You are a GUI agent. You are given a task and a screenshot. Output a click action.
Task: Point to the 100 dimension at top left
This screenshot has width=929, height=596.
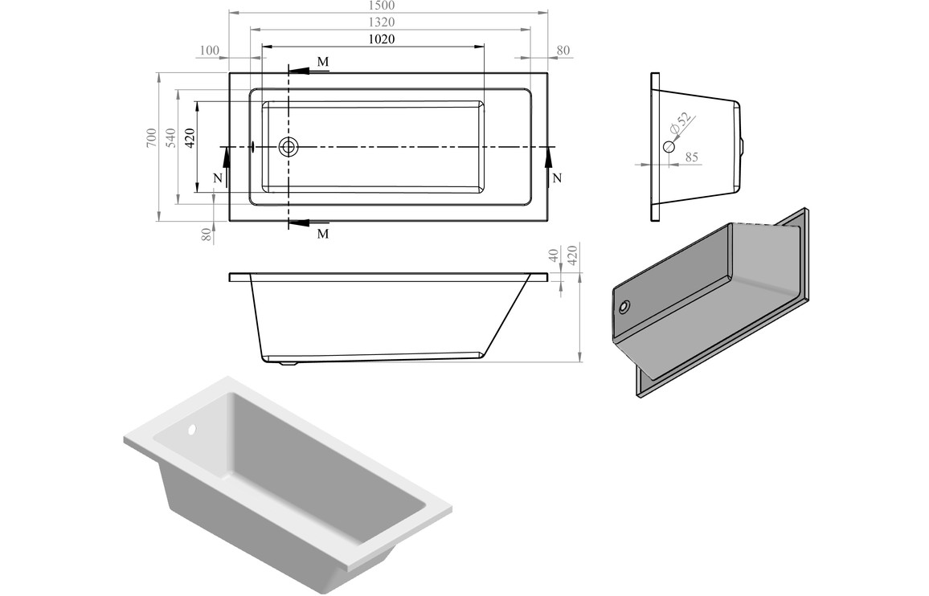coord(208,51)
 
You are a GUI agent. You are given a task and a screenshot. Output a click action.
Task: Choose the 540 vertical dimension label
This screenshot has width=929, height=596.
coord(170,139)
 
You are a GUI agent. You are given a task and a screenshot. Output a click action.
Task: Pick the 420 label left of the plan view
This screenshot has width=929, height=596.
coord(190,139)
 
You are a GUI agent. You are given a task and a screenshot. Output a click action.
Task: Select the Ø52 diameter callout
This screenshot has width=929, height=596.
coord(679,124)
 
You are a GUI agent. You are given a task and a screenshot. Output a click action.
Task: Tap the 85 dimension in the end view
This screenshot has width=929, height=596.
coord(691,157)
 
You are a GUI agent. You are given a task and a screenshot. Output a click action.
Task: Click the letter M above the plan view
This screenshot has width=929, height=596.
coord(322,62)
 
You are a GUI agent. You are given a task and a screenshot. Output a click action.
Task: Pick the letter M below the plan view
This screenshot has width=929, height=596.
coord(322,234)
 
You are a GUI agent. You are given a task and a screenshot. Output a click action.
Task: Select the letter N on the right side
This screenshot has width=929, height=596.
coord(557,178)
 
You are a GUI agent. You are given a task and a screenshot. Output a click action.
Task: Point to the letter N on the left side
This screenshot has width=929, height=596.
coord(218,178)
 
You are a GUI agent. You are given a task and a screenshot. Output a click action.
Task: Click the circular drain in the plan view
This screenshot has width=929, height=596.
coord(289,147)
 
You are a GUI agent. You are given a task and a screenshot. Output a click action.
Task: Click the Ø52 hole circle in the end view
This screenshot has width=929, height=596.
coord(669,147)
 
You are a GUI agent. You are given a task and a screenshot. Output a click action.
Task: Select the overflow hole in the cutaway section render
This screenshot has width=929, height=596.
coord(624,307)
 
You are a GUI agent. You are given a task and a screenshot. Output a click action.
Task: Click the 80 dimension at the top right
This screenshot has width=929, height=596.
coord(563,51)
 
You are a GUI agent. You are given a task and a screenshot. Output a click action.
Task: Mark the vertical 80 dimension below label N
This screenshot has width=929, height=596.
coord(207,234)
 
